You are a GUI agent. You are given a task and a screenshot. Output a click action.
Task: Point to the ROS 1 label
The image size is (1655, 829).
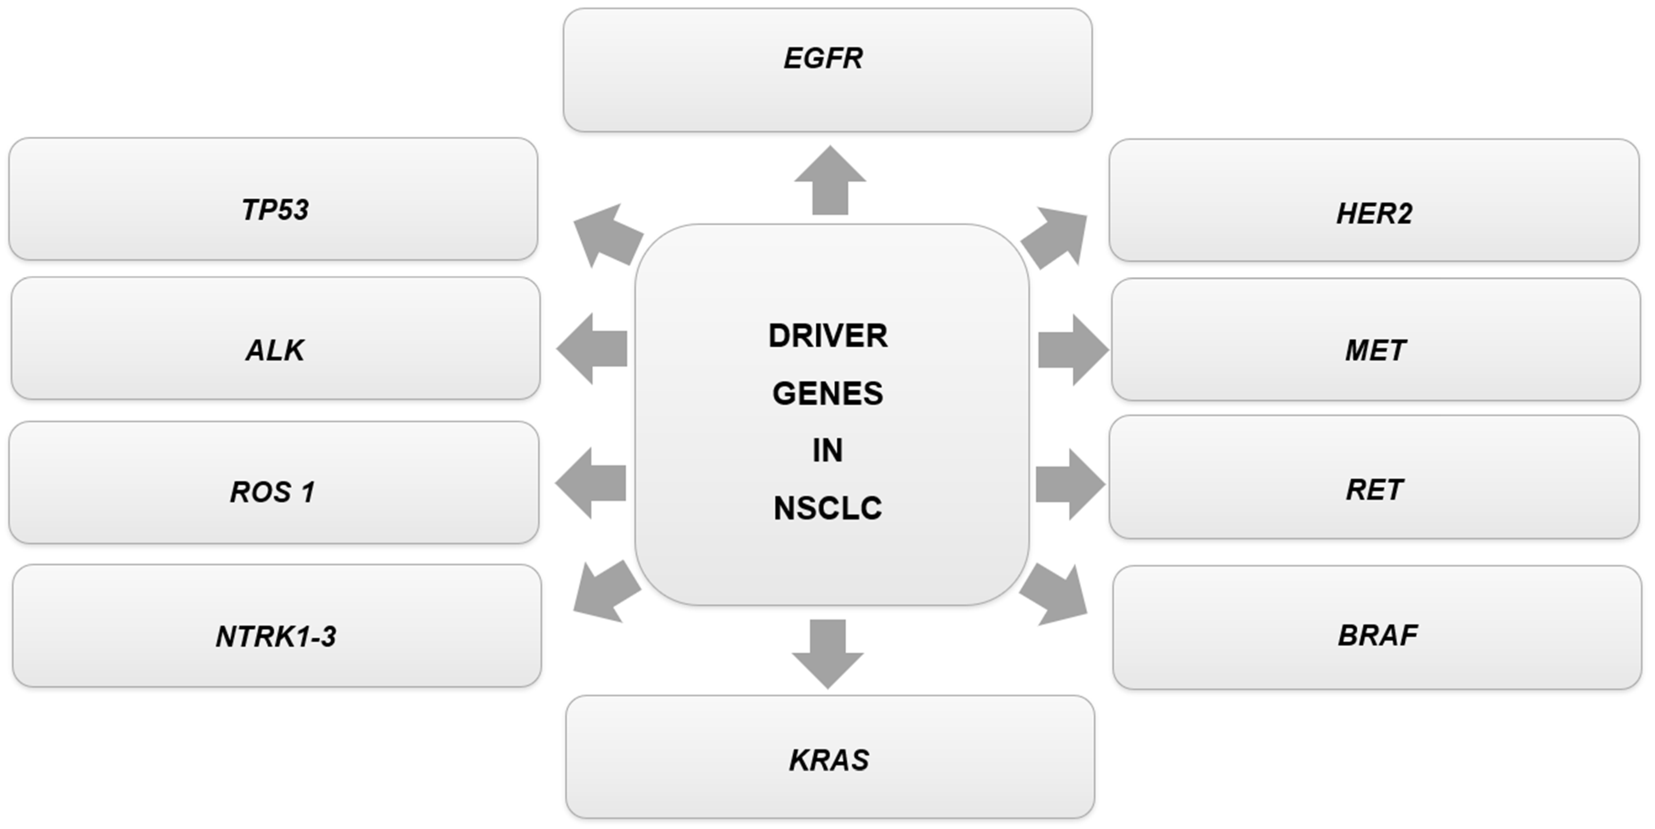click(x=272, y=492)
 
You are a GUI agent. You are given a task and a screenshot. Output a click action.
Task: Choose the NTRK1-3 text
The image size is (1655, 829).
click(x=276, y=637)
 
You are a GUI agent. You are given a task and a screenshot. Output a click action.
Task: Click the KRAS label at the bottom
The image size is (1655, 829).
click(x=829, y=760)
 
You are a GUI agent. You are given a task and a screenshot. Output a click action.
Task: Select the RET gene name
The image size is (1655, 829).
click(x=1374, y=490)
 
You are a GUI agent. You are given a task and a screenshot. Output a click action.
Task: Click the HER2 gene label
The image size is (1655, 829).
click(x=1374, y=213)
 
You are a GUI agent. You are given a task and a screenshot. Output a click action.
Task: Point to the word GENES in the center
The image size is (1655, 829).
click(x=828, y=393)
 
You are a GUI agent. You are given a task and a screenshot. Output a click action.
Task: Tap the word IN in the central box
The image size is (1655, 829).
click(x=828, y=450)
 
